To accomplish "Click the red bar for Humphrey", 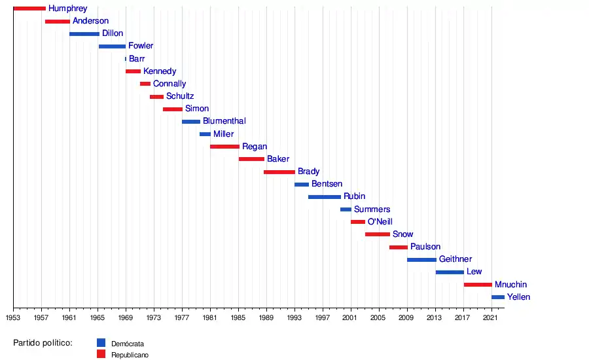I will tap(29, 9).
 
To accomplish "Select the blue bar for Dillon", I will tap(84, 33).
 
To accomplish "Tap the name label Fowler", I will tap(141, 46).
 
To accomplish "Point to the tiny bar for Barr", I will tap(126, 59).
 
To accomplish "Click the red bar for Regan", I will tap(224, 147).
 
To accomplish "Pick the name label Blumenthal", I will tap(224, 121).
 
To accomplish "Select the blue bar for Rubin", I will tap(325, 197).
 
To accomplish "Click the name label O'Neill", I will tap(380, 222).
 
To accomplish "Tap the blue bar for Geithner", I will tap(421, 260).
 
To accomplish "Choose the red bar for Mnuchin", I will tap(478, 285).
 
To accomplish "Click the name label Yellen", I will tap(519, 297).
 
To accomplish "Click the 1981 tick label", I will tap(210, 317).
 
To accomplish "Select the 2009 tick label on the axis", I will tap(407, 317).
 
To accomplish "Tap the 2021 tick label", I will tap(491, 317).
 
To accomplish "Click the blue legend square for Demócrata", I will tap(101, 342).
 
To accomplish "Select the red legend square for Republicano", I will tap(101, 354).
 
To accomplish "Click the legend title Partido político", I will tap(43, 342).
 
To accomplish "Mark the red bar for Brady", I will tap(279, 172).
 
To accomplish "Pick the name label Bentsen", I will tap(327, 185).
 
